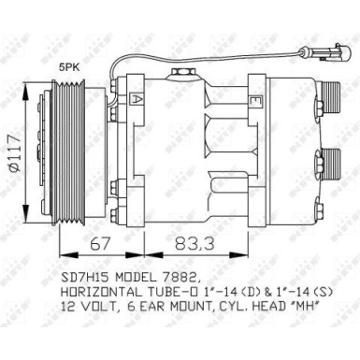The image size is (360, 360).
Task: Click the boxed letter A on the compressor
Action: [x=137, y=98]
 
